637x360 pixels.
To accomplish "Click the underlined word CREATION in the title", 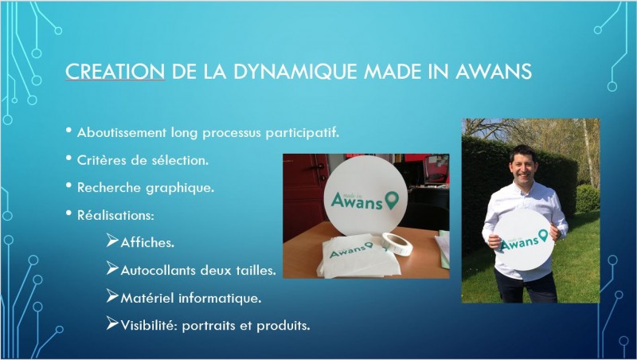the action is (x=115, y=72).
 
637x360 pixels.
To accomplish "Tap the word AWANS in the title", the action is (x=494, y=72).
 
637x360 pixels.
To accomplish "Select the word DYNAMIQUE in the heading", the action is (x=295, y=72).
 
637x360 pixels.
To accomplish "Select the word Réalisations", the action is (x=115, y=215).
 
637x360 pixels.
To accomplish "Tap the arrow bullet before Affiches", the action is (x=112, y=241).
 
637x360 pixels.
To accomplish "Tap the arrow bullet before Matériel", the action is (x=112, y=295).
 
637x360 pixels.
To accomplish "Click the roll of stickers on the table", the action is (x=397, y=244).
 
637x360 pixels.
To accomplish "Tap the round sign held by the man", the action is (x=524, y=241).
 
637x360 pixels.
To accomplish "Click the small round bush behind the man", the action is (x=588, y=198).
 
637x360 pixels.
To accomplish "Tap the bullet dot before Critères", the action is (x=68, y=158).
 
